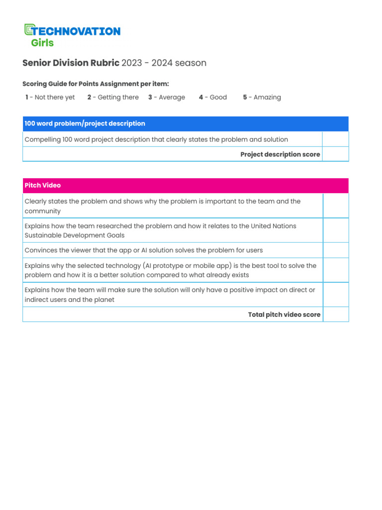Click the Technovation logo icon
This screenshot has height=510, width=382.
point(29,30)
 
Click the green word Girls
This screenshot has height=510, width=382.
point(42,43)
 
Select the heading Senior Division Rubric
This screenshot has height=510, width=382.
point(71,63)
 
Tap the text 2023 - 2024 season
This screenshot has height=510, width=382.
point(164,63)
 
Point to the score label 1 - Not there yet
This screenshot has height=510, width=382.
point(50,97)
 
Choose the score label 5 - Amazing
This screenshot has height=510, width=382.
point(262,97)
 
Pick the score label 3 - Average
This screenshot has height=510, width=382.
point(167,97)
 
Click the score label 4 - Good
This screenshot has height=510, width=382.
point(213,97)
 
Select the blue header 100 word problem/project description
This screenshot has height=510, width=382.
point(85,124)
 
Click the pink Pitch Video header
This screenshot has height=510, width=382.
point(43,185)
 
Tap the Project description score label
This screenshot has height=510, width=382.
point(280,154)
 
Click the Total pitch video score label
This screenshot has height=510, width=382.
point(284,314)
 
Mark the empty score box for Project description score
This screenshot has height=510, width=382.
point(335,154)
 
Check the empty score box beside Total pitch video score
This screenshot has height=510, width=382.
point(336,314)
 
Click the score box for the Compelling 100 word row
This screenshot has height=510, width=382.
point(335,139)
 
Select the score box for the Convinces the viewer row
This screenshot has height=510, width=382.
point(336,250)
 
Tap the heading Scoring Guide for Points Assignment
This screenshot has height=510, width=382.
point(95,84)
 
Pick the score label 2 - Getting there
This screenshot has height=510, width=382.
point(113,97)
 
